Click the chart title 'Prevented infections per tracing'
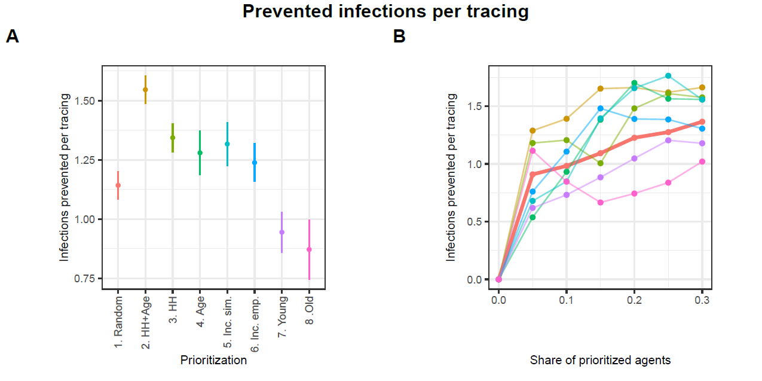[385, 11]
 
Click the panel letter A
[13, 37]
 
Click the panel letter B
[399, 37]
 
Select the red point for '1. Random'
[118, 185]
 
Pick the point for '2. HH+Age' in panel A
[145, 90]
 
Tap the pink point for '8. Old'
[309, 249]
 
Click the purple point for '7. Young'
[282, 232]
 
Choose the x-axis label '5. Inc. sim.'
[228, 321]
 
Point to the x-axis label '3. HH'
[173, 310]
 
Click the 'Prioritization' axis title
[213, 360]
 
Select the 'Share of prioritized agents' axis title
[600, 360]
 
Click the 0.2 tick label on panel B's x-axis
[634, 299]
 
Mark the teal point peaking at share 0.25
[668, 76]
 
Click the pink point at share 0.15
[600, 203]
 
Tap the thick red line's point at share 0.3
[702, 121]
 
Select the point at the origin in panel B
[498, 279]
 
